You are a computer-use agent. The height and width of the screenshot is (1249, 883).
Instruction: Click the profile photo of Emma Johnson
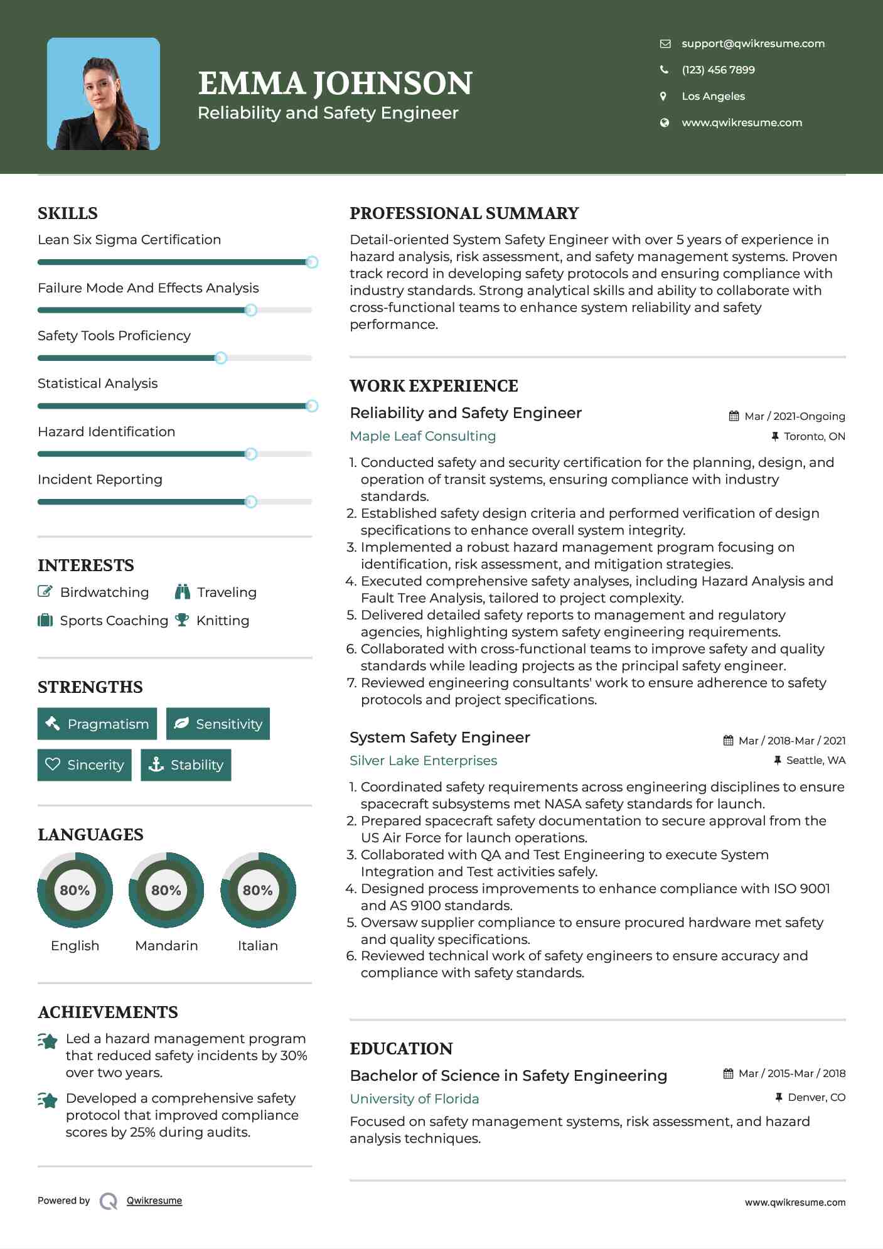(104, 94)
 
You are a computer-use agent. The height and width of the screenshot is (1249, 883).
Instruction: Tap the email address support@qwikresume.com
(752, 43)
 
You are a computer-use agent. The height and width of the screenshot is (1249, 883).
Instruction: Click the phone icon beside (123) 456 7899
(664, 70)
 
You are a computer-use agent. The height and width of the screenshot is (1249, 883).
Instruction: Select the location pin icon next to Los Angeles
(663, 96)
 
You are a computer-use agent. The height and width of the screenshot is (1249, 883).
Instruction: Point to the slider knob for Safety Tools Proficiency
(220, 358)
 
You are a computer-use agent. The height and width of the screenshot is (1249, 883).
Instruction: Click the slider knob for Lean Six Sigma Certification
(311, 262)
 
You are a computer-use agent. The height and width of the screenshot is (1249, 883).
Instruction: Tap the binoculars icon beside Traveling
(183, 592)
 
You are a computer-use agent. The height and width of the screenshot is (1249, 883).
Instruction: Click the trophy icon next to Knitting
(182, 620)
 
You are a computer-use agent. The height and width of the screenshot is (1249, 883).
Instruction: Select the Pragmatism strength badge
(97, 724)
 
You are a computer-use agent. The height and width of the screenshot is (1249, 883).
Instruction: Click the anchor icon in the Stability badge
(156, 764)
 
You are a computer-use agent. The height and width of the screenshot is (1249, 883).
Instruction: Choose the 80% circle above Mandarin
(166, 890)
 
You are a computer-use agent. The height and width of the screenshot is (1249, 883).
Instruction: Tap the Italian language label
(257, 945)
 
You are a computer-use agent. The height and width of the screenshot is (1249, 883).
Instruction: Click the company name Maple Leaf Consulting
(422, 436)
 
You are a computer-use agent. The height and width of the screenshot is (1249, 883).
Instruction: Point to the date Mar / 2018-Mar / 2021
(791, 741)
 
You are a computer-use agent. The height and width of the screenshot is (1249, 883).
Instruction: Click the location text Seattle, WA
(815, 760)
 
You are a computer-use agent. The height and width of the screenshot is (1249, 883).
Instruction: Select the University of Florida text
(414, 1099)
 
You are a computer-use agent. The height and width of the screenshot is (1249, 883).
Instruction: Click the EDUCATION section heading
(401, 1049)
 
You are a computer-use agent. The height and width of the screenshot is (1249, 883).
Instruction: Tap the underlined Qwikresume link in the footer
(154, 1201)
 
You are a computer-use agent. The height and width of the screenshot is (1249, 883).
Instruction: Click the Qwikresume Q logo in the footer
(109, 1201)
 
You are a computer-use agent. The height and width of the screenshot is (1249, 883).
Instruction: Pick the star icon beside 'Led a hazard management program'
(48, 1041)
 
